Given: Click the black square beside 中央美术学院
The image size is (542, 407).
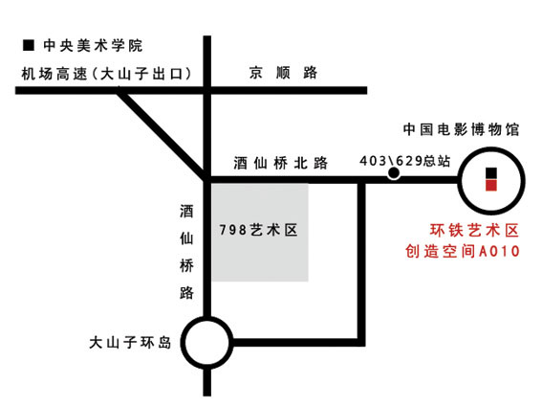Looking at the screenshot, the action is coord(29,45).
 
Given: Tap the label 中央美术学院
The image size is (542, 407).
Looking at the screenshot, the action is coord(93,46).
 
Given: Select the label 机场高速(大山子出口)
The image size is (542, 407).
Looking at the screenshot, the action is coord(106,74).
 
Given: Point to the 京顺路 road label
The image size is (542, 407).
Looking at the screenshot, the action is coord(283,73).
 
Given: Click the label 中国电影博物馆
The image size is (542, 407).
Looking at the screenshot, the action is coord(461,129).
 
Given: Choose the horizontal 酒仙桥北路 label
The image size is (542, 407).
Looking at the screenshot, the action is coord(280,163).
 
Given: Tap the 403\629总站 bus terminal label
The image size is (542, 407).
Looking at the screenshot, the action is coord(404,161).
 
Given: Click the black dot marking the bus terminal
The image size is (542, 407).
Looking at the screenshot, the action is coord(394,173).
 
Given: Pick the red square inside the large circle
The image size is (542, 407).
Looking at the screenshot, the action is coord(491,186).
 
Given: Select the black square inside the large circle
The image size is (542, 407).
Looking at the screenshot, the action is coord(491,173).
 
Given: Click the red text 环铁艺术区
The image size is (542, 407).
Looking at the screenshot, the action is coord(474,231).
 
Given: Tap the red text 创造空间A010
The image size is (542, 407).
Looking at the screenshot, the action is coord(463,251).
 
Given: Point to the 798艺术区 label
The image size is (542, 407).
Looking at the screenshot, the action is coord(258,230).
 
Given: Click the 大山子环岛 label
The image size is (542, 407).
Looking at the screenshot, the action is coord(130,343).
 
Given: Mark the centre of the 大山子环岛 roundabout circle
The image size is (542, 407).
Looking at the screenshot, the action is coord(207,342).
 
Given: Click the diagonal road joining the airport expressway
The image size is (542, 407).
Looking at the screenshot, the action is coord(163,135).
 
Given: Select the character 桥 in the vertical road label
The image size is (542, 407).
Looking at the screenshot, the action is coord(186,265).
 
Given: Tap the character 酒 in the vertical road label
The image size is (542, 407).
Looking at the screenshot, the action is coord(186,211).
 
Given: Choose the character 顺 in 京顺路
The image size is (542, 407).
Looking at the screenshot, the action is coord(283,73).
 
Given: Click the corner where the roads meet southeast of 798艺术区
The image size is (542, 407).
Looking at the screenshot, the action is coord(361,342).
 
